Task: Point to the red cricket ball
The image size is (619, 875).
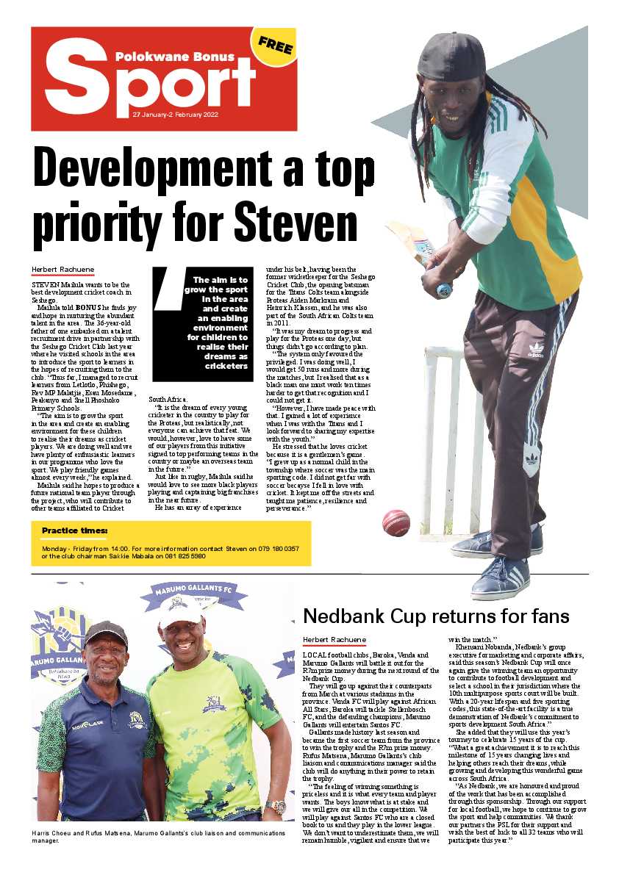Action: [x=396, y=522]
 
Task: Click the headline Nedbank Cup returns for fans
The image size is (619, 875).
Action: [x=436, y=616]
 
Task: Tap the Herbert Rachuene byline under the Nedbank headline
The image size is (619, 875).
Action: [x=334, y=640]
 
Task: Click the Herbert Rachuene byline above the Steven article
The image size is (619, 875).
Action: [x=62, y=269]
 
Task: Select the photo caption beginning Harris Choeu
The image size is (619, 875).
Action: [x=158, y=837]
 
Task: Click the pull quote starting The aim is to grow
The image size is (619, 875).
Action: [x=214, y=323]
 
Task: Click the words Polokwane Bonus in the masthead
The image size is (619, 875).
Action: [x=175, y=56]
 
